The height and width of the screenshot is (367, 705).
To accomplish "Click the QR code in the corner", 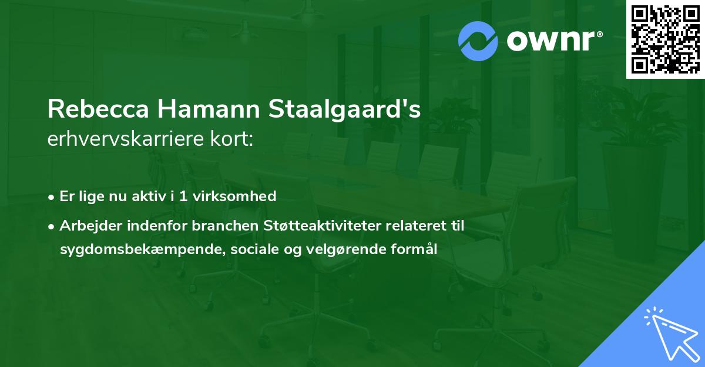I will point(666,39).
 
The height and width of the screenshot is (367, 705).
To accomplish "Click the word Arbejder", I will point(88,225).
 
